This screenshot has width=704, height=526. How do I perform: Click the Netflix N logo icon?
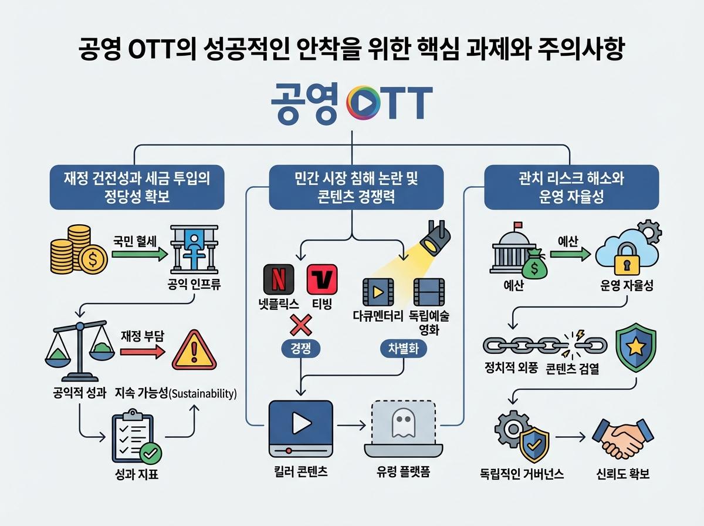tap(279, 279)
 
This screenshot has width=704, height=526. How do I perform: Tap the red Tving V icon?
tap(321, 279)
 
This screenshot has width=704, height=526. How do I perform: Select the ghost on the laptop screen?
tap(402, 423)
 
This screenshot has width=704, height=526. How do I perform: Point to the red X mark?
tap(300, 325)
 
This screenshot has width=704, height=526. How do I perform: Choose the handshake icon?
tap(621, 437)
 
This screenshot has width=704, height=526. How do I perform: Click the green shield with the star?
tap(636, 349)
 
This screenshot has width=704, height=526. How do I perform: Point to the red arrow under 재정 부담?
tap(142, 352)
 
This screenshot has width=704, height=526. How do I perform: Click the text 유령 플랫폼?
tap(403, 471)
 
